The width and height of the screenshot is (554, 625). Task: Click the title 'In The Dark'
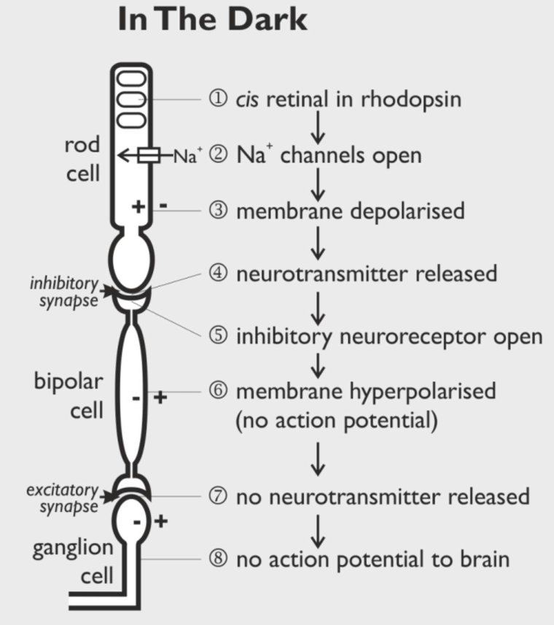(x=213, y=20)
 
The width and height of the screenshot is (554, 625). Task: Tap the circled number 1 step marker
(x=217, y=98)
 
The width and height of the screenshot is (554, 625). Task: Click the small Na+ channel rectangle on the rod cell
(x=149, y=155)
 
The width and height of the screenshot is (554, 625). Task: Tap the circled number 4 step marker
(x=217, y=273)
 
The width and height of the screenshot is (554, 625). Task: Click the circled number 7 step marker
(x=217, y=497)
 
